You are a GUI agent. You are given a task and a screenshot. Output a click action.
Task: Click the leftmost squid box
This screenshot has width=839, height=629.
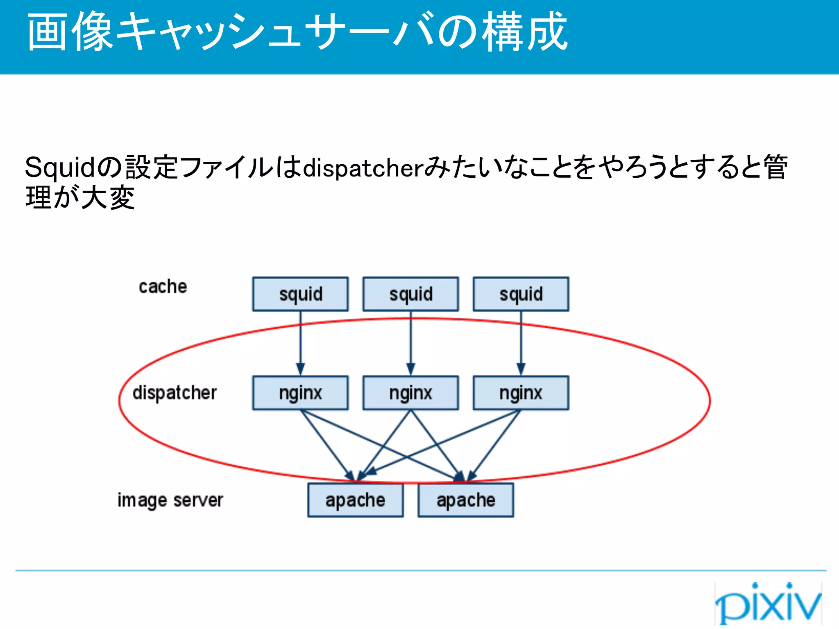coord(300,294)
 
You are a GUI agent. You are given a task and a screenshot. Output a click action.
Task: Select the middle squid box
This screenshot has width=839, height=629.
coord(410,294)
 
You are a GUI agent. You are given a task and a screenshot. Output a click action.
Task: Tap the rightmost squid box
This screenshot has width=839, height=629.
coord(521,294)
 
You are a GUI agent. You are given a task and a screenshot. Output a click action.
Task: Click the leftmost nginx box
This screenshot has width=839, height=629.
coord(300,393)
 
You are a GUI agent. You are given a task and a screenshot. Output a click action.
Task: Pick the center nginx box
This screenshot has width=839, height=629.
coord(410,393)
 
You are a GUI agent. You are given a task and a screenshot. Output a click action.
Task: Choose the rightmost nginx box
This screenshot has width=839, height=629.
coord(521,393)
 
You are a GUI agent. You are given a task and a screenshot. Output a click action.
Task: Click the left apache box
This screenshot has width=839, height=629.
coord(355,500)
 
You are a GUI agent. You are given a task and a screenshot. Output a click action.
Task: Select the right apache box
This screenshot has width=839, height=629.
coord(465,500)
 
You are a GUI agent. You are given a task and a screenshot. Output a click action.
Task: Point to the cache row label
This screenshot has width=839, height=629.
coord(163,287)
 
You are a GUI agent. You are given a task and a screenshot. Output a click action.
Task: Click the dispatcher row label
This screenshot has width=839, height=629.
coord(175,393)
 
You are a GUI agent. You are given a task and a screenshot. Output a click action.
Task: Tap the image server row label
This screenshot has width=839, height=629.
coord(170,500)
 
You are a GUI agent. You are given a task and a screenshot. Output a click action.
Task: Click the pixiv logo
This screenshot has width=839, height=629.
coord(768,603)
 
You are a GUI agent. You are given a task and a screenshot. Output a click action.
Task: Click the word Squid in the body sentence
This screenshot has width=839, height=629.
coord(60,167)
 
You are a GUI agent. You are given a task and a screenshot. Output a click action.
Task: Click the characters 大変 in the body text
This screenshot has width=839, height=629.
coord(108,198)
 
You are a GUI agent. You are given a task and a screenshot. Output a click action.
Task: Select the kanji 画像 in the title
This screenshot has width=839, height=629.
coord(70,32)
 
